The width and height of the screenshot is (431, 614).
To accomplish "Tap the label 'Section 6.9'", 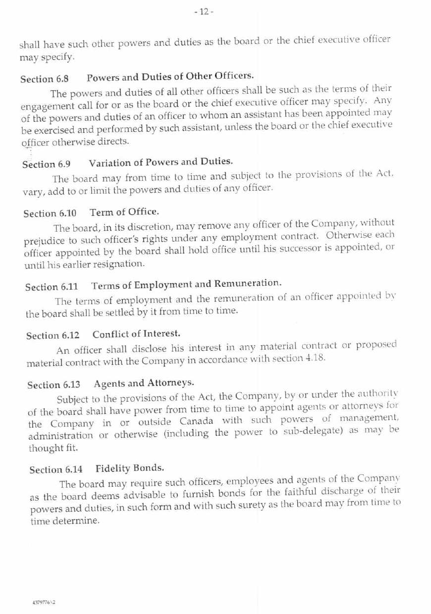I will pyautogui.click(x=47, y=164).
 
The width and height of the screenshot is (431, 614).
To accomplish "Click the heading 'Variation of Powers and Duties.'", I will pyautogui.click(x=161, y=161).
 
